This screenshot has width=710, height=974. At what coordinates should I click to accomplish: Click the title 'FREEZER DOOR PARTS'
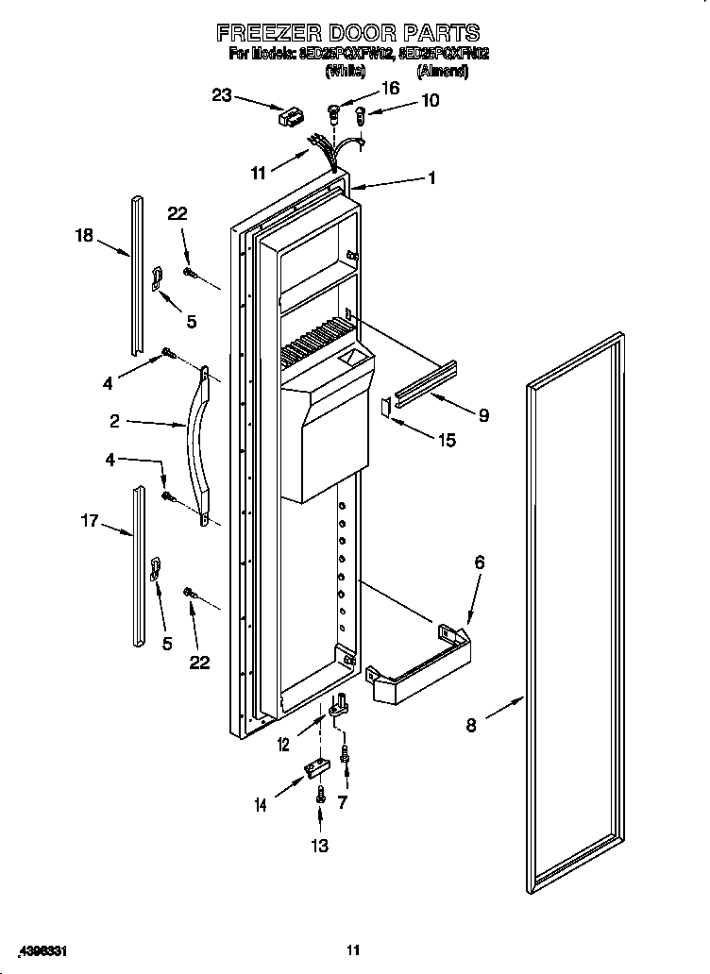348,33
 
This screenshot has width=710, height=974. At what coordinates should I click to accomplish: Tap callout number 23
221,94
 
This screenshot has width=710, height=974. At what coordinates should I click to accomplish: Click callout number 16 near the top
389,88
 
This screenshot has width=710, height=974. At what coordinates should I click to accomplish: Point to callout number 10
430,100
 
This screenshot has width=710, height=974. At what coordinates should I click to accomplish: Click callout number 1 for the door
431,177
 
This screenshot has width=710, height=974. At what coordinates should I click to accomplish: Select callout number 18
85,235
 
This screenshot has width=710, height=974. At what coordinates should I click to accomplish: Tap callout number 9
483,414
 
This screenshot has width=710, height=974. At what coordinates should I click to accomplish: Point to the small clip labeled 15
385,406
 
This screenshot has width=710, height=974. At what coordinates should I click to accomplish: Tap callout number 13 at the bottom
320,846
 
